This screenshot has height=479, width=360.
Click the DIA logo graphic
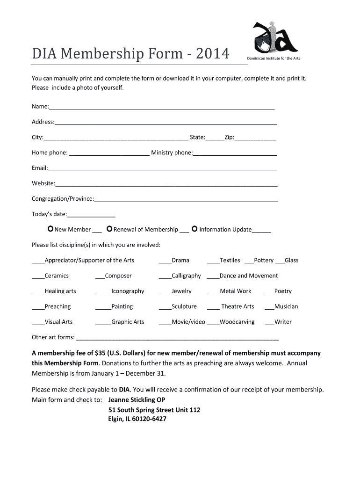(274, 36)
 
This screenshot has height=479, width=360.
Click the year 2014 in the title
(213, 54)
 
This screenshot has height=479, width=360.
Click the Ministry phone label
(172, 152)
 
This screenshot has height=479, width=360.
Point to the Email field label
(40, 168)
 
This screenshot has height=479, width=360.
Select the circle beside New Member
(50, 229)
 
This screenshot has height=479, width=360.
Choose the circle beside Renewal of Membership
(109, 229)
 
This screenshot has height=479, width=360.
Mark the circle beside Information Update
(194, 229)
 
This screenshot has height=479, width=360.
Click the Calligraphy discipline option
(186, 276)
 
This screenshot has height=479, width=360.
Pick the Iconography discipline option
(127, 291)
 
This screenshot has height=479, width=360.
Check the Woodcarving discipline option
(237, 322)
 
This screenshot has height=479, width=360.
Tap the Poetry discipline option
(282, 291)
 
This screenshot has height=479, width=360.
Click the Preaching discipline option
(58, 306)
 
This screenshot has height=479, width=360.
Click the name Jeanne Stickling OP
(137, 400)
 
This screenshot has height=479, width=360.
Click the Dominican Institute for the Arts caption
(274, 58)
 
